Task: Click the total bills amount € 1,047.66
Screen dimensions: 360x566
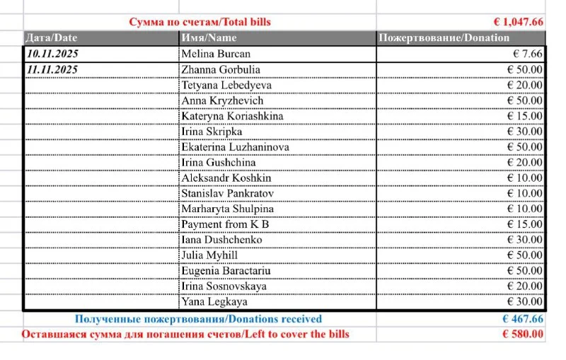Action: [x=519, y=22]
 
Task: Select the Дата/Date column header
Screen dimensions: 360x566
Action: [x=51, y=37]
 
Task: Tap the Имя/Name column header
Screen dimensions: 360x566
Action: [x=209, y=37]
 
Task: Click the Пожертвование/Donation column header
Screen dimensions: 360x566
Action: [x=444, y=37]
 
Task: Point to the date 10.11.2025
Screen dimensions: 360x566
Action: [x=52, y=54]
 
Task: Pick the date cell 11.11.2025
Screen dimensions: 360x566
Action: [x=52, y=69]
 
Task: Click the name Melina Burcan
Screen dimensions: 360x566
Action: [x=216, y=54]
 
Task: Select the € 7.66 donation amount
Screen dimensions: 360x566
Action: [x=528, y=54]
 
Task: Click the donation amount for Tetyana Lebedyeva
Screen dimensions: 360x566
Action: [x=525, y=85]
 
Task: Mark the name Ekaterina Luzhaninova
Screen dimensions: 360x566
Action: [x=235, y=147]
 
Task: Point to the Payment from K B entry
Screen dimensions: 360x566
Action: [x=225, y=224]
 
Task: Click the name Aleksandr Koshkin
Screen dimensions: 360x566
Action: [x=226, y=178]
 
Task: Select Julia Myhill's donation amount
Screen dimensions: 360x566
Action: [x=525, y=255]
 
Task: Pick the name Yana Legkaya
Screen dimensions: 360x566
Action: [x=214, y=302]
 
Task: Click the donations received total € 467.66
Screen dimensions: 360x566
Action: [x=523, y=319]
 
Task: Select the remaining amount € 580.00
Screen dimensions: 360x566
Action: [x=523, y=334]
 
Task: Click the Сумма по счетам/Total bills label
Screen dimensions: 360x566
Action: [x=200, y=22]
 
